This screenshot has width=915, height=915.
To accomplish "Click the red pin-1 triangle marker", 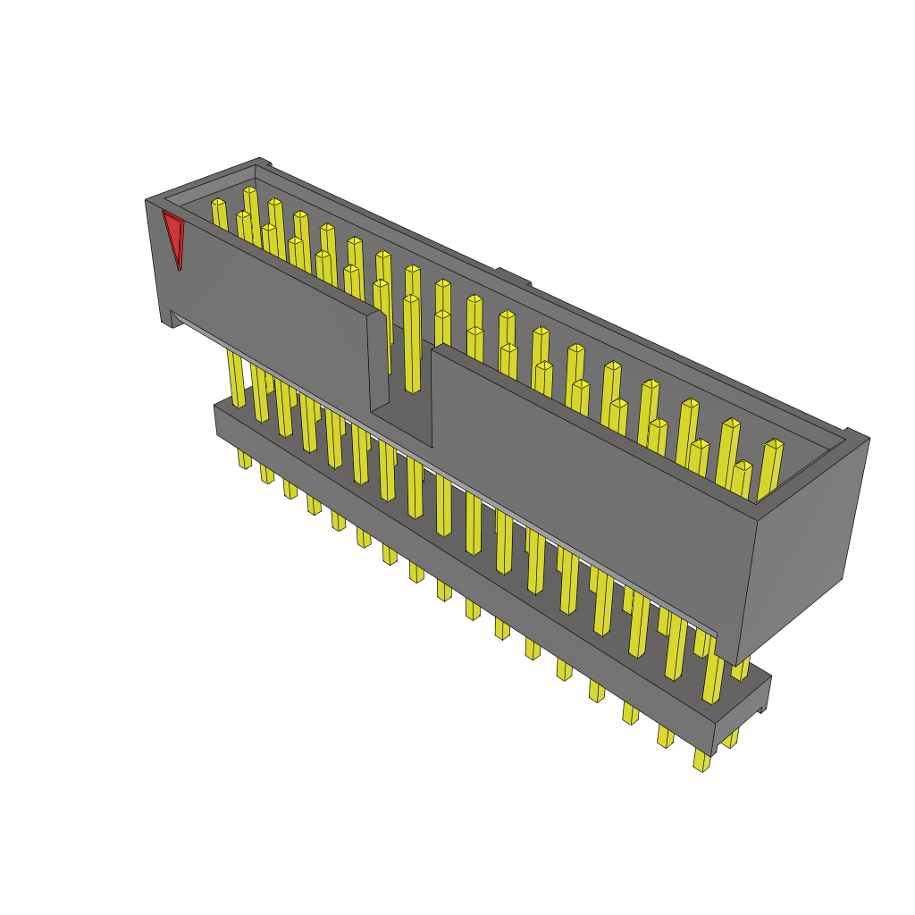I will [x=173, y=235].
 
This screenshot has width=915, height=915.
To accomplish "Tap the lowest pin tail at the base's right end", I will [x=701, y=760].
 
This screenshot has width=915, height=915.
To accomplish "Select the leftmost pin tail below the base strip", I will [x=244, y=458].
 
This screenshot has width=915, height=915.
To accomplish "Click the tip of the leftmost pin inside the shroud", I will [x=218, y=204].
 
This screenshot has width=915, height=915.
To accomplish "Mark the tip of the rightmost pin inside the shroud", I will [x=774, y=444].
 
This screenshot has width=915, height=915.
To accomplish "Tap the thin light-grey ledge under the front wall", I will [x=447, y=474].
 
